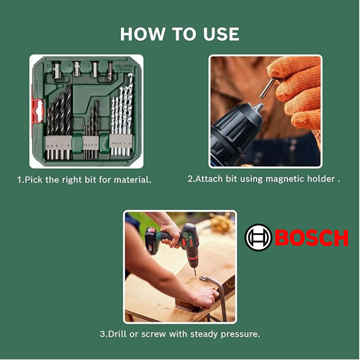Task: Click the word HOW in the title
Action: click(x=142, y=34)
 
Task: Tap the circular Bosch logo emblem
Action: click(x=258, y=237)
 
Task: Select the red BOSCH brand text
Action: click(x=312, y=238)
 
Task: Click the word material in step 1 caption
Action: click(x=133, y=180)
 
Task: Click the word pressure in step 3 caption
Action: click(x=240, y=334)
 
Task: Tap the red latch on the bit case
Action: click(x=37, y=112)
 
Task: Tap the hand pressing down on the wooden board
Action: click(x=204, y=297)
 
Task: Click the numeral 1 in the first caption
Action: click(x=20, y=180)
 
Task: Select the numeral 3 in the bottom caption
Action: click(x=102, y=334)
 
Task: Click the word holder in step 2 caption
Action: click(x=321, y=179)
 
